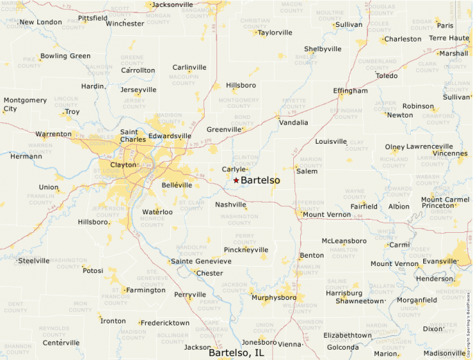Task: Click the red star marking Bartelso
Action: pos(236,180)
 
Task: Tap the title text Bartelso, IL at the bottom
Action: pos(236,352)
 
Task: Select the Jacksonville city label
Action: pos(172,5)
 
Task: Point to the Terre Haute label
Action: pos(449,38)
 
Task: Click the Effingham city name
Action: pos(350,91)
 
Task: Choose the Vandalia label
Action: pos(293,122)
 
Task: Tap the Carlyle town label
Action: pos(234,169)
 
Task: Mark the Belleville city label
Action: pos(176,185)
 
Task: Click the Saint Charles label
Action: pos(133,135)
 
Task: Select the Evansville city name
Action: pos(440,261)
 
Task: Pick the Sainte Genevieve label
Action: pos(201,261)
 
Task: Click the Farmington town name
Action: pos(145,290)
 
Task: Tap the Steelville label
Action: pos(33,260)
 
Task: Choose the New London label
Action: pos(40,22)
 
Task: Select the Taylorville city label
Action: pos(275,32)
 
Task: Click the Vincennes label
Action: pos(450,153)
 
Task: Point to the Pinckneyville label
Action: pos(245,249)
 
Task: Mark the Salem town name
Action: pos(306,171)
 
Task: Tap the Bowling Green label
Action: pos(65,56)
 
